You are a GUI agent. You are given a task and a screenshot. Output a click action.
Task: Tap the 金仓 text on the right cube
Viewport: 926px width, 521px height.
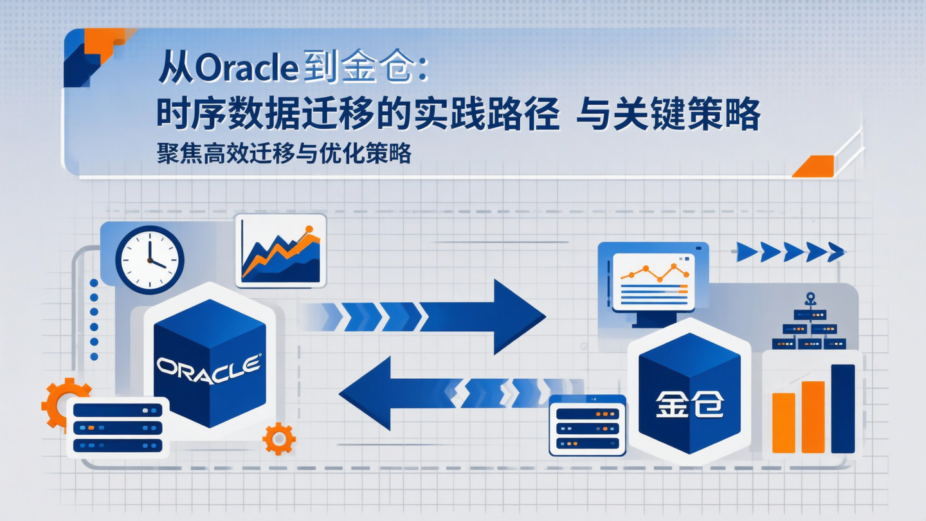689,405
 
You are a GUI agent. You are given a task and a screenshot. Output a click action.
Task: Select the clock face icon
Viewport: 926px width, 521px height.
149,260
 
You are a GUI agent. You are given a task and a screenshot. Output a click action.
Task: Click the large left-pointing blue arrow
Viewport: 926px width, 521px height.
399,393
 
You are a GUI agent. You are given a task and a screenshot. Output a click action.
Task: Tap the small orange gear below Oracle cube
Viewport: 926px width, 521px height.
279,439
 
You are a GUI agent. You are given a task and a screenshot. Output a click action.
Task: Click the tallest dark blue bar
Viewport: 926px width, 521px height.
842,408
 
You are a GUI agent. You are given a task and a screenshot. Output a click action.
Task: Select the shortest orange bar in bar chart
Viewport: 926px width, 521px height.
783,423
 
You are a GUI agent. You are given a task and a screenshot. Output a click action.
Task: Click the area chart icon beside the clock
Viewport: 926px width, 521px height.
281,251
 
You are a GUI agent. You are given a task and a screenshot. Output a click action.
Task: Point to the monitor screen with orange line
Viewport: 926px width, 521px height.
653,281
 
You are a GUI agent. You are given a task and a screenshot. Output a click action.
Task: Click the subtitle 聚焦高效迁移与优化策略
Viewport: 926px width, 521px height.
284,154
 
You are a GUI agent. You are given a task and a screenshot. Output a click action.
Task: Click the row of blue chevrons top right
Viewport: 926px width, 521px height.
790,252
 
